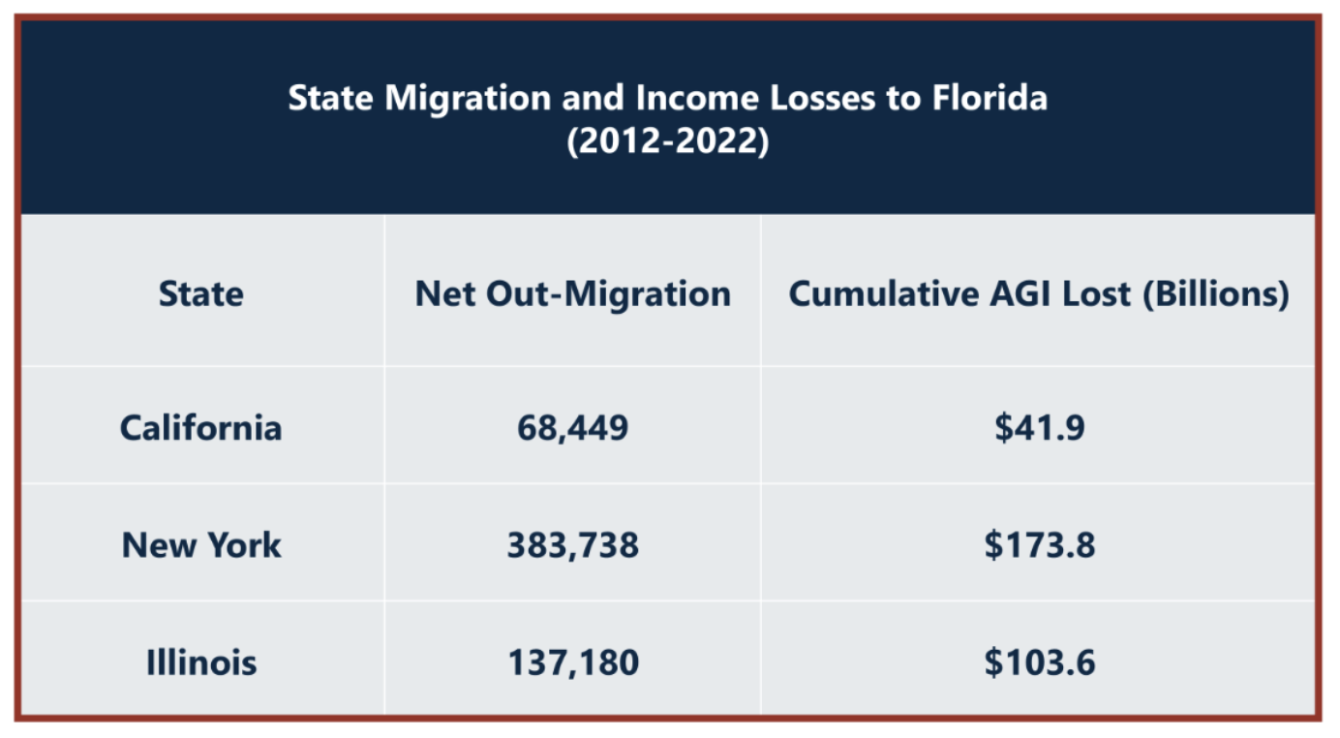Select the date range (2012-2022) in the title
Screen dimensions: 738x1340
(x=668, y=141)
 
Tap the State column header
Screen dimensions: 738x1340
(x=201, y=293)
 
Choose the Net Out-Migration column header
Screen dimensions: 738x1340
(x=572, y=293)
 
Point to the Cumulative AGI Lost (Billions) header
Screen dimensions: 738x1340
(x=1039, y=293)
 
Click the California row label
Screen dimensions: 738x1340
(x=201, y=427)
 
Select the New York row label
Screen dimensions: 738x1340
(x=201, y=545)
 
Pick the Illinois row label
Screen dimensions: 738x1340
(x=201, y=663)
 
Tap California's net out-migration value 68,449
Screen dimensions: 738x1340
(x=572, y=427)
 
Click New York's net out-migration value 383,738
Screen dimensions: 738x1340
(x=572, y=545)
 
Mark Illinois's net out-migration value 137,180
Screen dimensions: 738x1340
(x=572, y=663)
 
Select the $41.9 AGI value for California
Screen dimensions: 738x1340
(x=1039, y=427)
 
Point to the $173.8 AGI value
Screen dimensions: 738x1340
(x=1039, y=545)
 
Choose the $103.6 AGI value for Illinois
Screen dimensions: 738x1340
(x=1039, y=663)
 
